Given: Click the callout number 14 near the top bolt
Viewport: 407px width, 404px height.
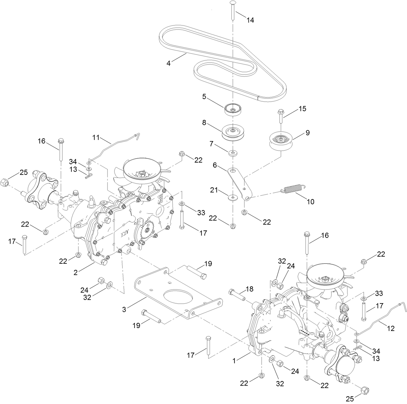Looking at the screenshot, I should pos(250,20).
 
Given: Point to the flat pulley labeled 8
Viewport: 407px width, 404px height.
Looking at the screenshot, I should pos(232,132).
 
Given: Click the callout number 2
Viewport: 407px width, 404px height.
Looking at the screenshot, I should pos(76,272).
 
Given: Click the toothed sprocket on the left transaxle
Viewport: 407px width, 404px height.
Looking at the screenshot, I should pos(148,230).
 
